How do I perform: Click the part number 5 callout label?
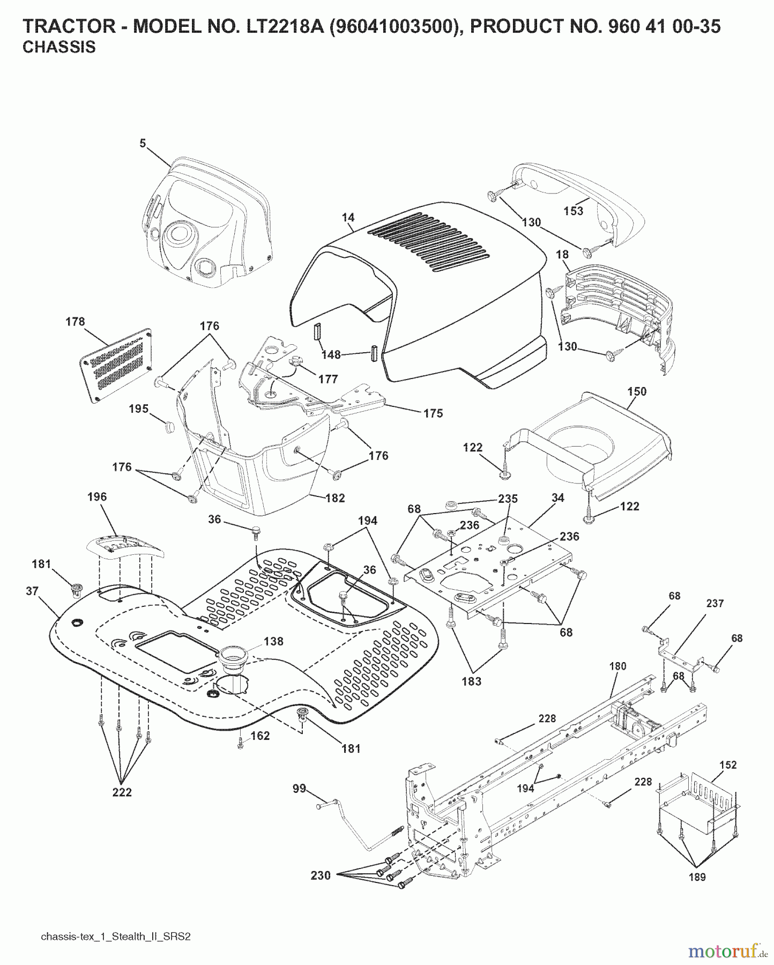(x=143, y=143)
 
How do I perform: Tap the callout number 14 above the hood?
(x=348, y=217)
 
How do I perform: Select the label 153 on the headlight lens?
(x=573, y=211)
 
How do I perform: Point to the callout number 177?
(x=328, y=380)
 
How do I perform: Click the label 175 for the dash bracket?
(x=433, y=413)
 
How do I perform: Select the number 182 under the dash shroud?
(x=335, y=498)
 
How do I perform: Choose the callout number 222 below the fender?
(x=122, y=792)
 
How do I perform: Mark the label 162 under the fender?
(x=260, y=736)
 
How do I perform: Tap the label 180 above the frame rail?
(x=617, y=666)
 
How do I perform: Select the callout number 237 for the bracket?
(x=715, y=603)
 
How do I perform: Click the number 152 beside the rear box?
(x=728, y=764)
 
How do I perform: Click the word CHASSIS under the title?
(x=59, y=47)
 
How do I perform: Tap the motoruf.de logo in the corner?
(x=727, y=952)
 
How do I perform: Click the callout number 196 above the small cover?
(x=97, y=496)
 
